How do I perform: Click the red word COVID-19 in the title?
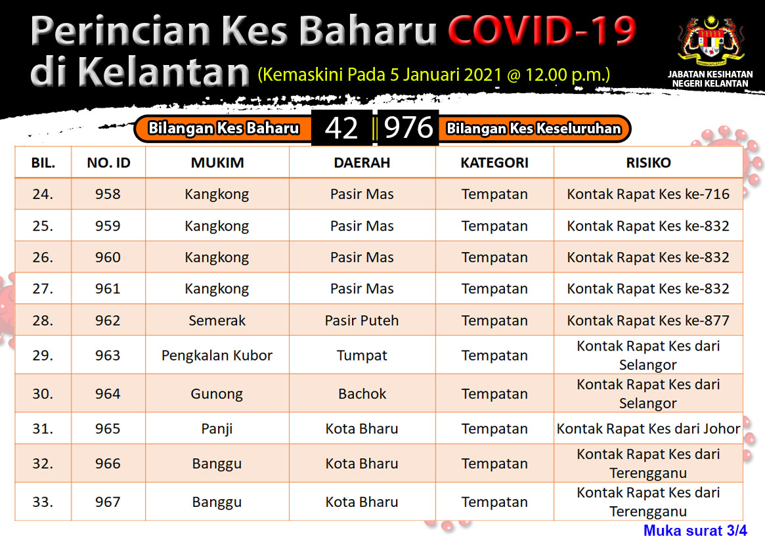click(x=542, y=30)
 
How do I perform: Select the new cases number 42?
click(x=341, y=128)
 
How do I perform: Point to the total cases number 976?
click(x=408, y=128)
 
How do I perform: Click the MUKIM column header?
click(x=217, y=162)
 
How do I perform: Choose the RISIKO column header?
click(x=648, y=162)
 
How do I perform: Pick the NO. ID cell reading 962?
click(x=108, y=320)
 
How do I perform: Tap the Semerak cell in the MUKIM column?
click(x=217, y=320)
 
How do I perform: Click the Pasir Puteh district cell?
click(x=362, y=320)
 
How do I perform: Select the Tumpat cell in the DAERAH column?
click(x=362, y=356)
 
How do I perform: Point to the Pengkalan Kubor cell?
click(x=217, y=356)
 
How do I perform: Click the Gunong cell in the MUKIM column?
click(x=217, y=394)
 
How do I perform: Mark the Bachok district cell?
click(x=362, y=394)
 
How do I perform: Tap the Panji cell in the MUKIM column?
click(x=217, y=429)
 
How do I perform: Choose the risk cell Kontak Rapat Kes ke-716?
click(x=648, y=194)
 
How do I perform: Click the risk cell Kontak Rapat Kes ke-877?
click(x=648, y=320)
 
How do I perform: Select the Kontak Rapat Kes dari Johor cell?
click(x=648, y=429)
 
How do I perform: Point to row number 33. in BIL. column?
click(x=43, y=502)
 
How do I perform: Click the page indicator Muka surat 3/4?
click(x=695, y=531)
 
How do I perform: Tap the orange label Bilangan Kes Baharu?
click(x=223, y=128)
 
